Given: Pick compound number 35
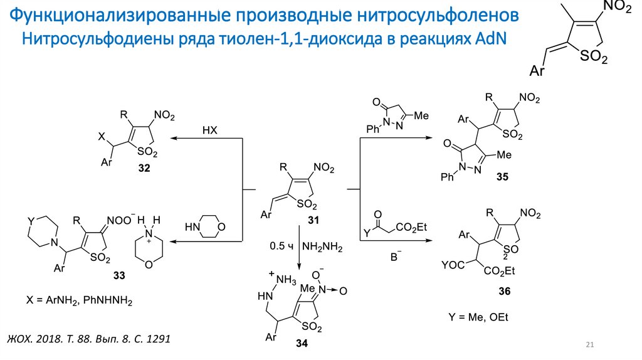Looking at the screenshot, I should (x=502, y=177).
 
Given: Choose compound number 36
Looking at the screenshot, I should (x=505, y=291).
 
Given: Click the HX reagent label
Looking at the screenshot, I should (x=209, y=130).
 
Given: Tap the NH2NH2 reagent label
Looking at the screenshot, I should (x=322, y=248).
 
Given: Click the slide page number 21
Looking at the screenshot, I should (x=589, y=345).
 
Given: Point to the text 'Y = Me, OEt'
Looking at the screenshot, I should (x=478, y=317).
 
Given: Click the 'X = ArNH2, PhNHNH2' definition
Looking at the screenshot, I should (x=80, y=302).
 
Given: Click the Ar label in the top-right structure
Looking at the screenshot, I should (x=537, y=72).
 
